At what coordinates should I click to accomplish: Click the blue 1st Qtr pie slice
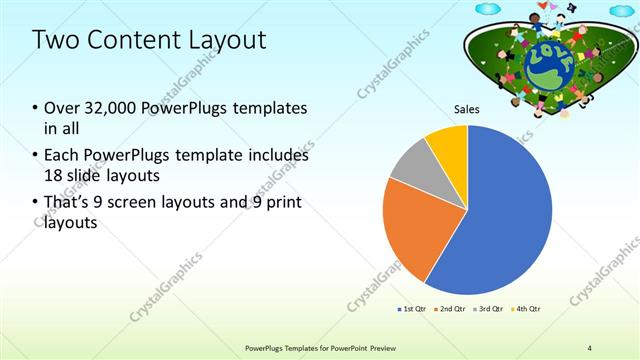click(505, 215)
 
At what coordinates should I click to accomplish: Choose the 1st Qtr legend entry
click(411, 309)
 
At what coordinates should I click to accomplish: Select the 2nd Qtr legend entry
click(451, 309)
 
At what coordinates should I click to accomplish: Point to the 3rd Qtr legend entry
click(489, 309)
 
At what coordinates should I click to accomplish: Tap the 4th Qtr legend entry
click(527, 309)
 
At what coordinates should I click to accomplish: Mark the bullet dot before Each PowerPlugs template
click(35, 157)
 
